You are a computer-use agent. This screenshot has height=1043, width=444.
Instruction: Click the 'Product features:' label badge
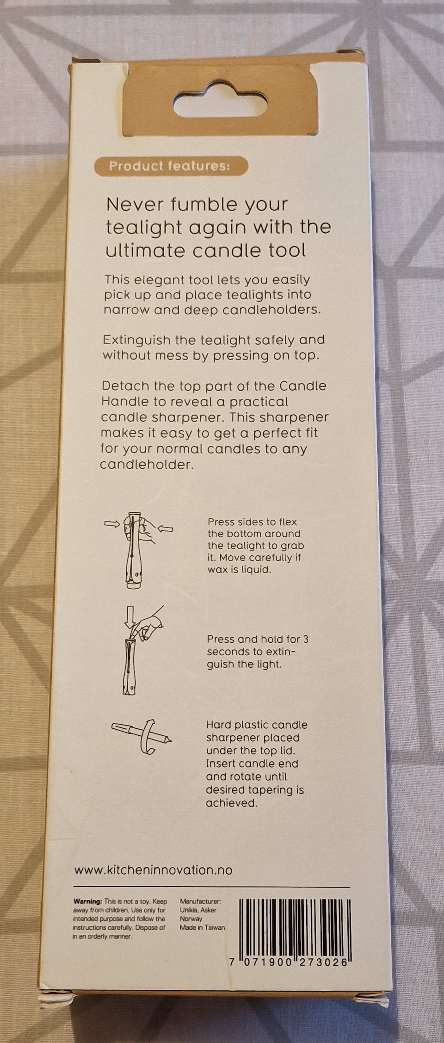[x=169, y=166]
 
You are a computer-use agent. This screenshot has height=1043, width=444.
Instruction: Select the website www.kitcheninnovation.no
[x=153, y=869]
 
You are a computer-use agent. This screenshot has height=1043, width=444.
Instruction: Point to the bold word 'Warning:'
[x=87, y=901]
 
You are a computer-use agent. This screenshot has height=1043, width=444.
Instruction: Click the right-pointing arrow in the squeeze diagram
[x=111, y=524]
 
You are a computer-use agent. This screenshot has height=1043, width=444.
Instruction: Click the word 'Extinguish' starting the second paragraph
[x=136, y=341]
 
